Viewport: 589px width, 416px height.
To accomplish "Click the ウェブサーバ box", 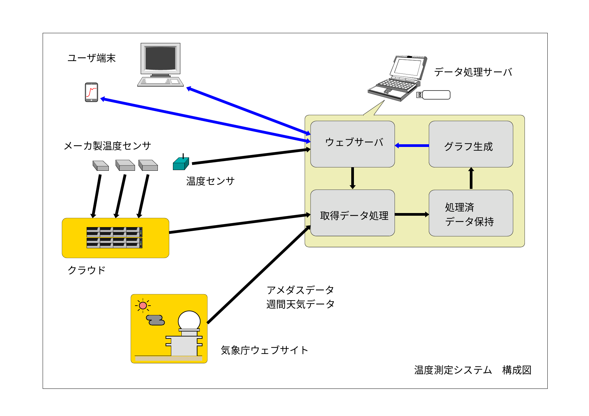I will click(352, 144).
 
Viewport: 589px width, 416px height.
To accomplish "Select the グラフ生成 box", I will click(470, 144).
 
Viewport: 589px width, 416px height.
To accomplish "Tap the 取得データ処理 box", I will click(352, 213).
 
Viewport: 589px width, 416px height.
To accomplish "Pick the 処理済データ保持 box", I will click(470, 213).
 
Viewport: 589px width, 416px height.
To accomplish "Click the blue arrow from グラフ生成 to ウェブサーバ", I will click(412, 146).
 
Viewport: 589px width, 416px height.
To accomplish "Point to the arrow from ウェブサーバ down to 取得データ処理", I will click(352, 178).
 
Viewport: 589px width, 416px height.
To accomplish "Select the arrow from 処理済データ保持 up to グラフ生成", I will click(471, 178).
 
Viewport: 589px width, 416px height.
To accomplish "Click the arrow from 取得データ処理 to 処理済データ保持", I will click(412, 214).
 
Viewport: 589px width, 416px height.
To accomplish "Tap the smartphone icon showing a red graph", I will click(91, 92).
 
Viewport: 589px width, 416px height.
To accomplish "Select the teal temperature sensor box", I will click(181, 164).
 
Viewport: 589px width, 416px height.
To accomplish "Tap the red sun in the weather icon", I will click(143, 305).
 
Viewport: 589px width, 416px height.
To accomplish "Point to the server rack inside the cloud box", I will click(114, 238).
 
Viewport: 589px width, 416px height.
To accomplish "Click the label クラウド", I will click(86, 270).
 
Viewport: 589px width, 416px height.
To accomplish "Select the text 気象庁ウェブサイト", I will click(264, 350).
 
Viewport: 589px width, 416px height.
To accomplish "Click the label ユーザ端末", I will click(91, 58).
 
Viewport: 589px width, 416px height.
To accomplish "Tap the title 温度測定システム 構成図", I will click(472, 370).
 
